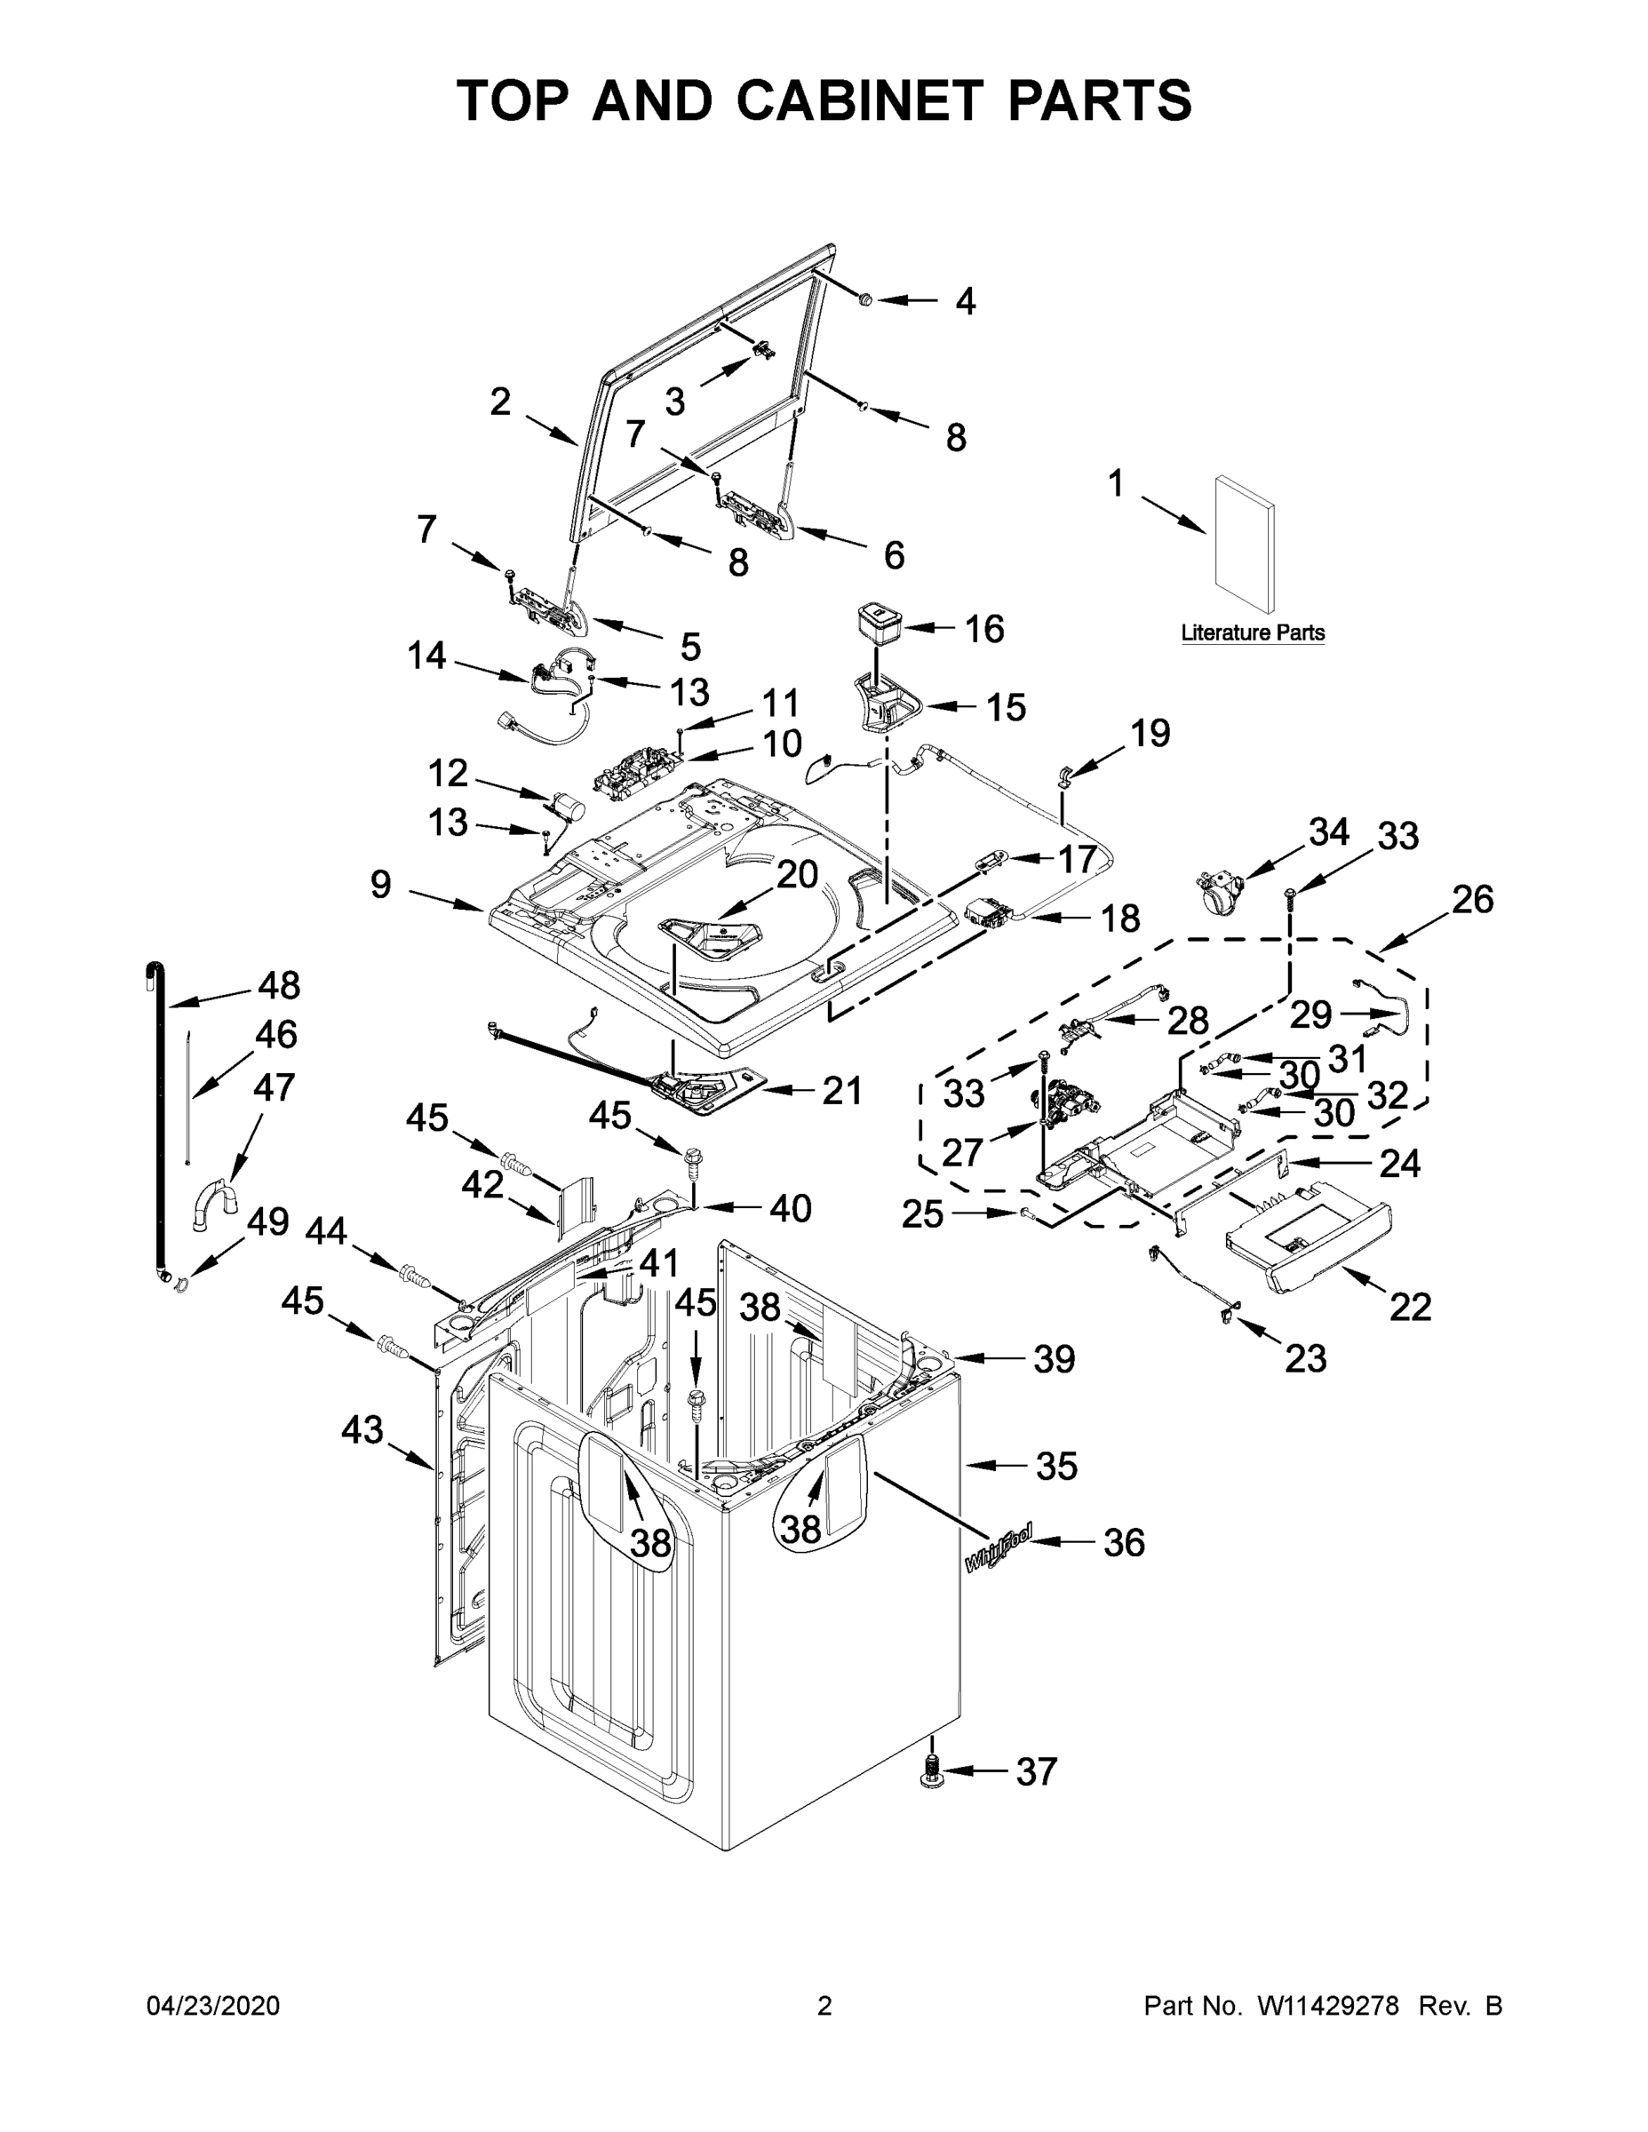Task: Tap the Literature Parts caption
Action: coord(1253,632)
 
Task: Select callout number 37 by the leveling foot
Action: coord(1036,1770)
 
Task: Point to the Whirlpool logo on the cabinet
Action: coord(997,1548)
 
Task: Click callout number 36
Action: coord(1123,1542)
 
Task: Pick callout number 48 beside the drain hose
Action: coord(278,985)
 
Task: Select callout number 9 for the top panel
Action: coord(381,885)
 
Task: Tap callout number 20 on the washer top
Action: coord(797,875)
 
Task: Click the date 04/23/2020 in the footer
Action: coord(213,2005)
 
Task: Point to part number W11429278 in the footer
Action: coord(1328,2005)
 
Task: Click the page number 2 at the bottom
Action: coord(824,2005)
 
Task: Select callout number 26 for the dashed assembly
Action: coord(1471,899)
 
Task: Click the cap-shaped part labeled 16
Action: coord(878,625)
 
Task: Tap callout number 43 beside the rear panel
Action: coord(362,1430)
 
